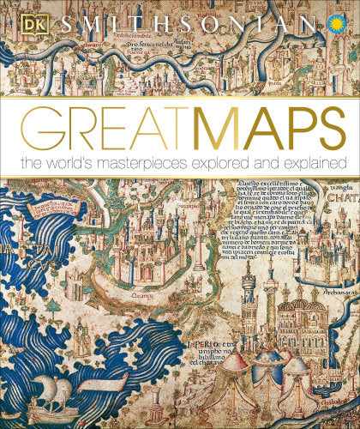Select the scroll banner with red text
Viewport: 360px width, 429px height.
click(39, 207)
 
